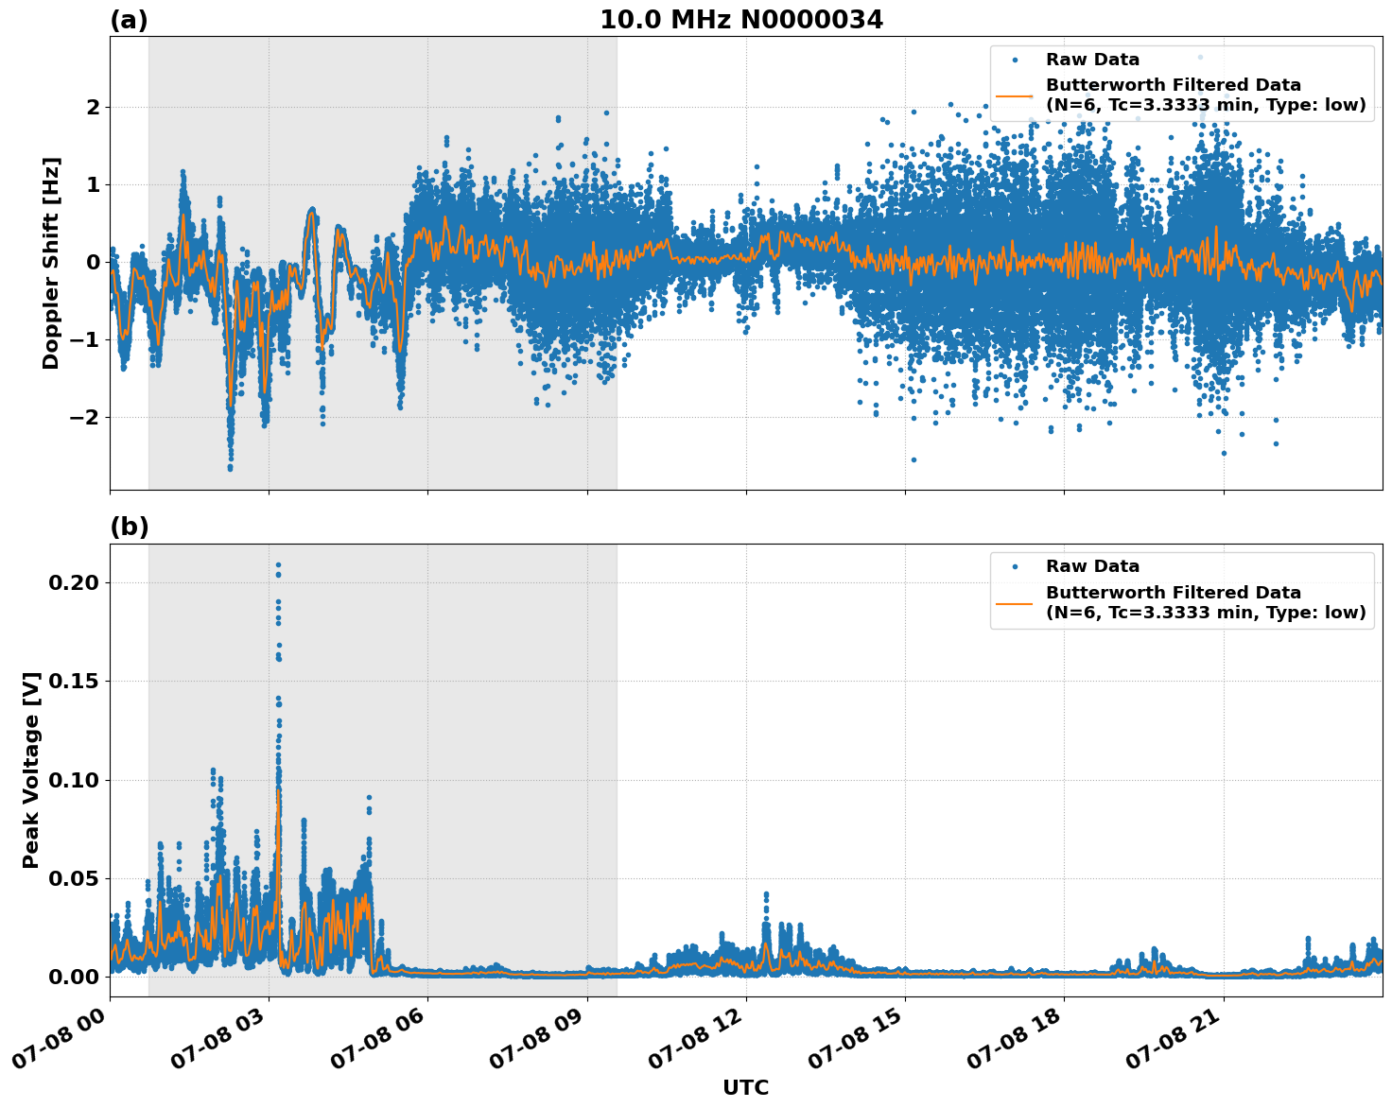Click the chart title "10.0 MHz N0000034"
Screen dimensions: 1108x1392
tap(741, 20)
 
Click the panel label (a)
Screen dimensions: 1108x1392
tap(129, 20)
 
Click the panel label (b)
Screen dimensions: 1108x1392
tap(129, 527)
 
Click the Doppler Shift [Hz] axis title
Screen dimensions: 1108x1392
tap(51, 263)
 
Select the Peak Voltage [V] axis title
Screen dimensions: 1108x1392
tap(31, 770)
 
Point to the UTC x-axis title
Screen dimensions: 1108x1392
tap(745, 1087)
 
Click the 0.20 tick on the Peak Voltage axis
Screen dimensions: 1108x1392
tap(74, 582)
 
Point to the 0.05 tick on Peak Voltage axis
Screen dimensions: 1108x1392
tap(74, 878)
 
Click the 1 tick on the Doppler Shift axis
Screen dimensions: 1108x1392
tap(93, 184)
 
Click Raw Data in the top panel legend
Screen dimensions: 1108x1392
tap(1092, 60)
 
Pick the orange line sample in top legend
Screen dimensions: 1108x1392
tap(1015, 95)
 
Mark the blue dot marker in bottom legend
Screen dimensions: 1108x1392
tap(1015, 566)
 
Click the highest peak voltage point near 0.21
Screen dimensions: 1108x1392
tap(278, 565)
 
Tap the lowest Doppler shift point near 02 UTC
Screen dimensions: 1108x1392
tap(230, 468)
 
